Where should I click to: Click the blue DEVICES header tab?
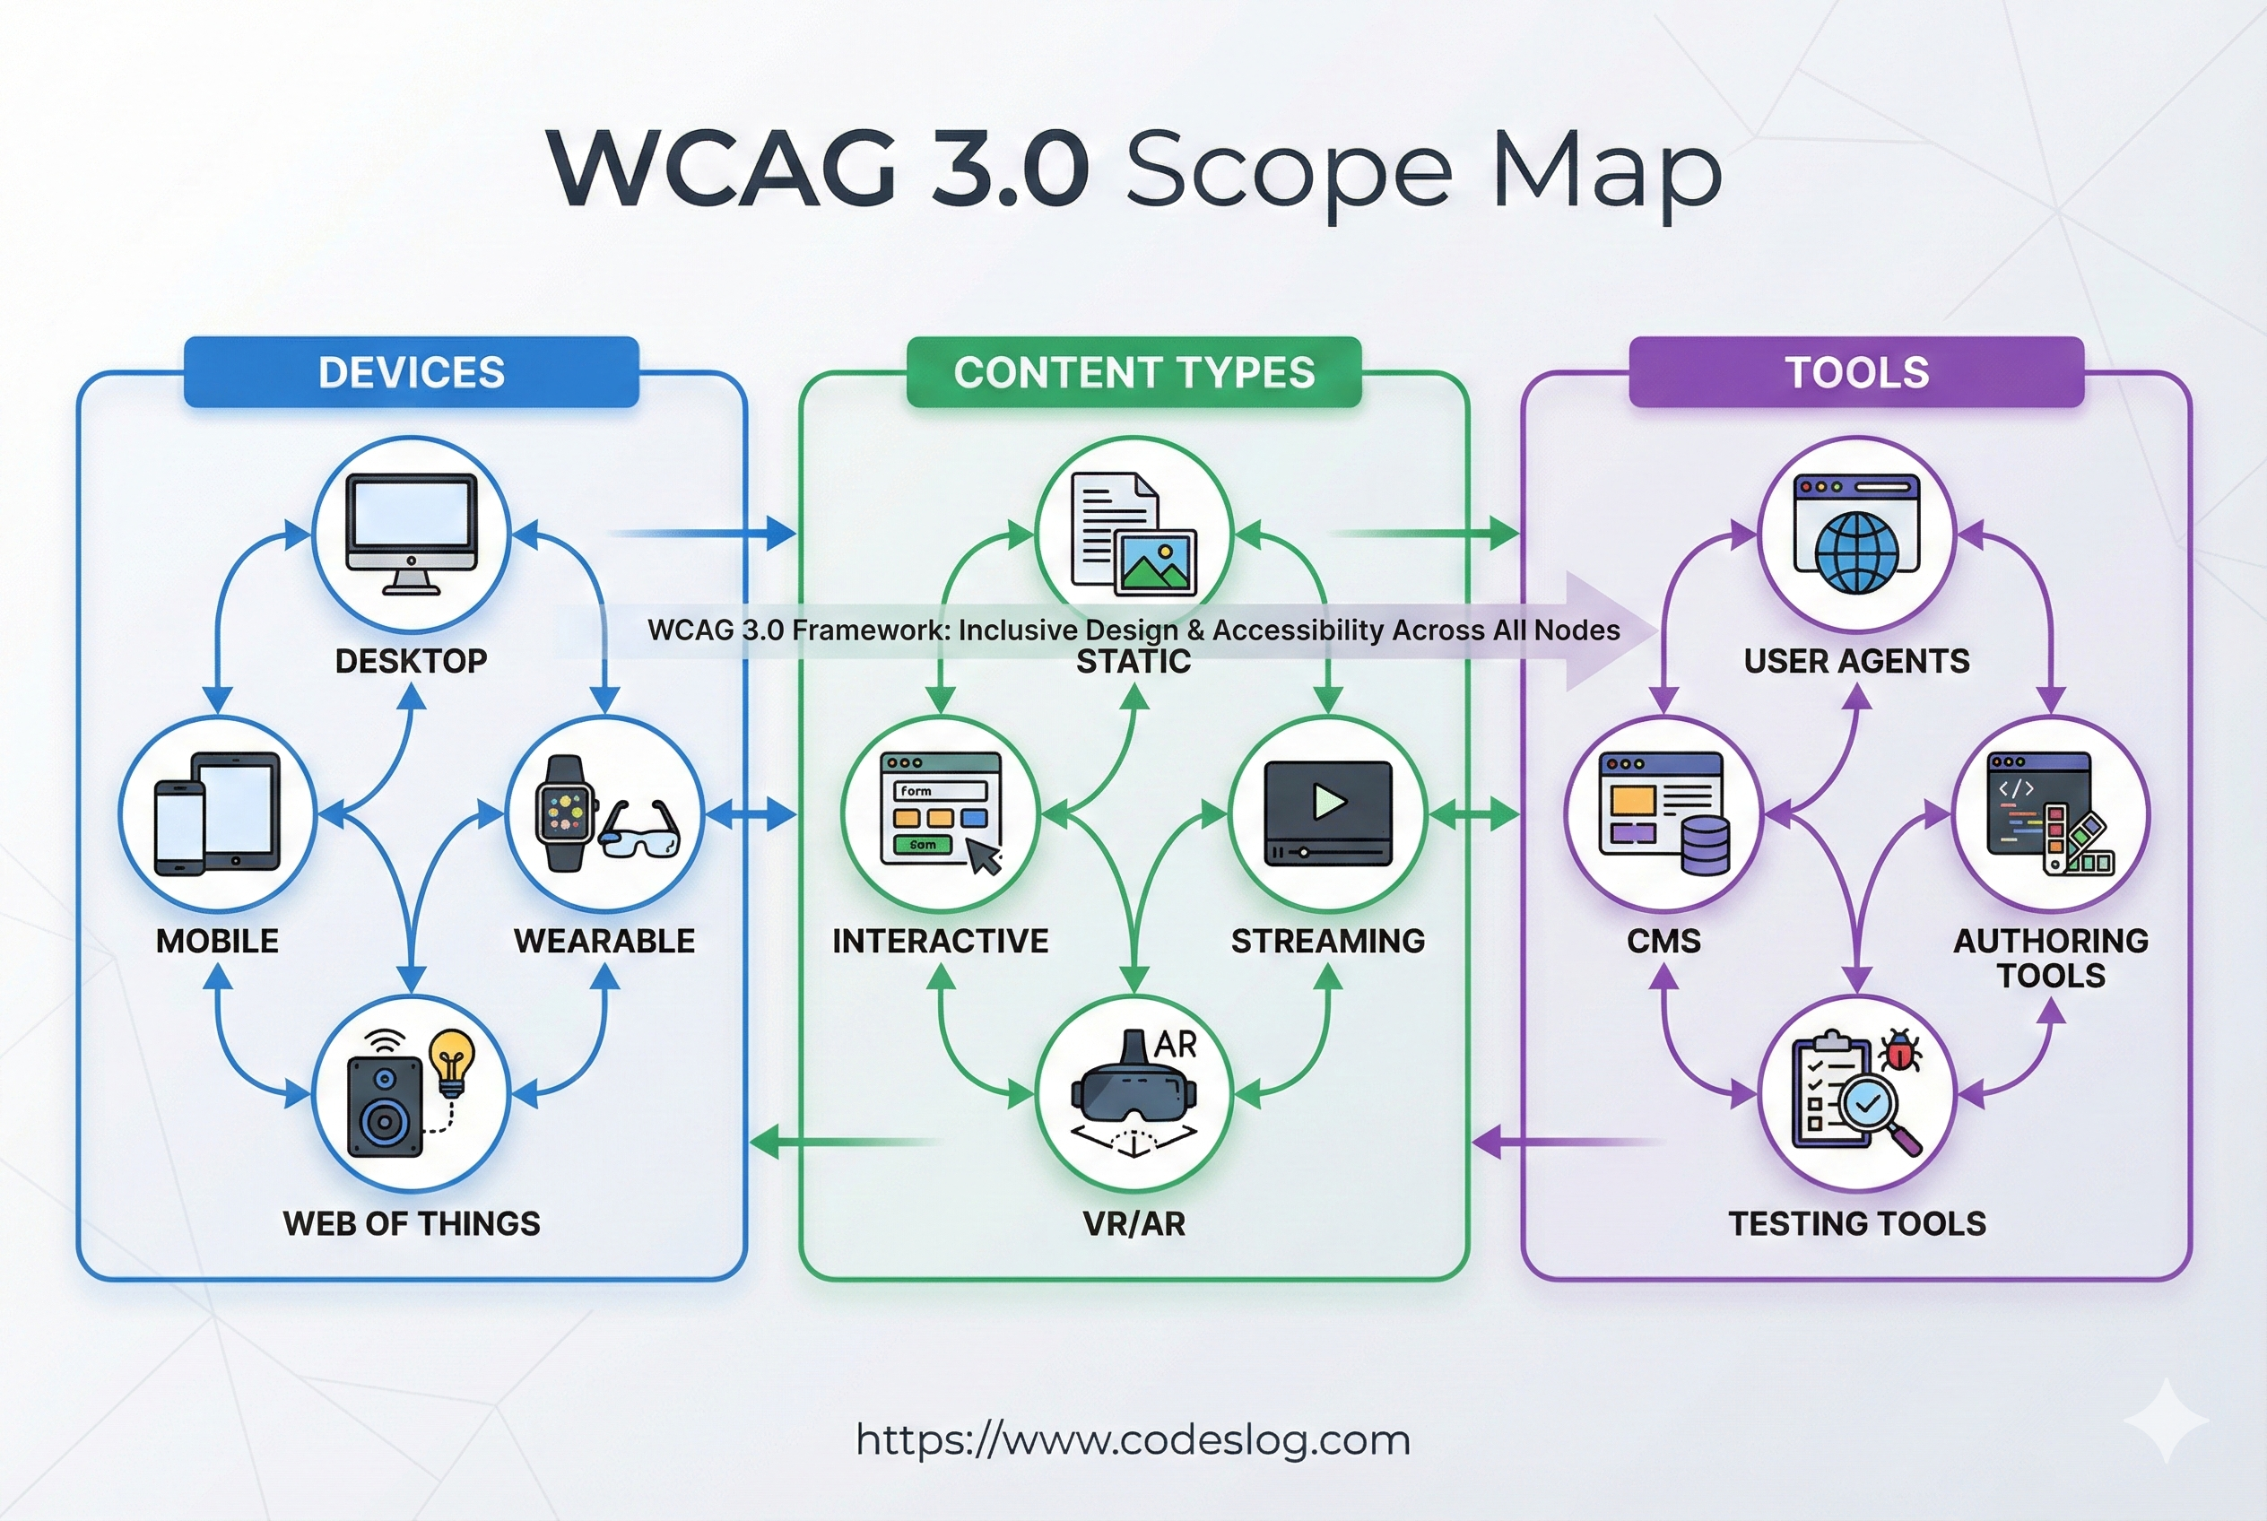click(412, 372)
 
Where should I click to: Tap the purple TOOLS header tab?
click(1856, 372)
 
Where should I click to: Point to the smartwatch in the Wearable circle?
click(565, 813)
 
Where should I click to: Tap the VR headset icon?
click(1133, 1091)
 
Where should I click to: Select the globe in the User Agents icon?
click(1856, 553)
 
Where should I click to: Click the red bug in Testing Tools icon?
click(1900, 1050)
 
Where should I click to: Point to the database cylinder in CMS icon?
click(1706, 846)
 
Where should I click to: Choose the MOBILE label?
click(217, 941)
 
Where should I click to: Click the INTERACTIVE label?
click(940, 941)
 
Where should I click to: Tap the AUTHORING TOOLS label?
click(2051, 958)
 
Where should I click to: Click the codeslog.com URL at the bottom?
click(1133, 1439)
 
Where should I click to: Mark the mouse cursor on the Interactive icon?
click(985, 856)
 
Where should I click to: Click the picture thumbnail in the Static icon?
click(1155, 561)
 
